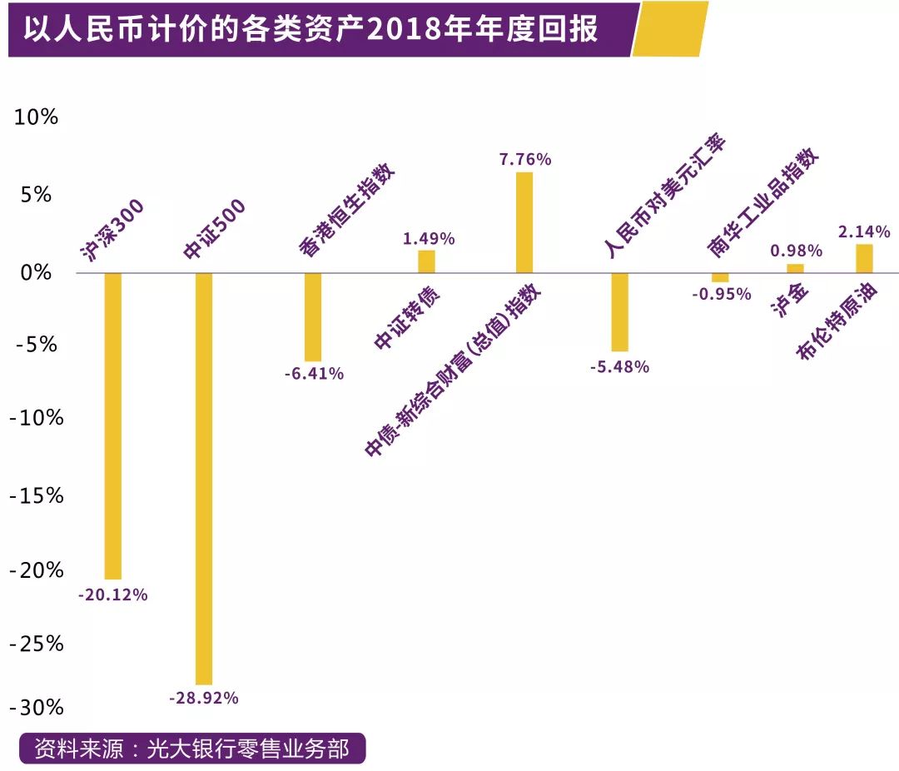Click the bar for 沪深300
coord(112,425)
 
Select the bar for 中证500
coord(204,478)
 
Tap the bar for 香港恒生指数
coord(313,316)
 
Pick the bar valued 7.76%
coord(524,222)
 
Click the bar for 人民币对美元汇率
coord(619,311)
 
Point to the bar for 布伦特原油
coord(864,258)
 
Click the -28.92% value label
coord(204,699)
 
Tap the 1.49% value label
coord(429,239)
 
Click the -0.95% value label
coord(721,294)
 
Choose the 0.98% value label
coord(796,251)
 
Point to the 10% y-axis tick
coord(37,117)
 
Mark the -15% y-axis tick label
coord(37,496)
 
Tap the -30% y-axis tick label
coord(37,708)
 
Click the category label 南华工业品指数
coord(763,204)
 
